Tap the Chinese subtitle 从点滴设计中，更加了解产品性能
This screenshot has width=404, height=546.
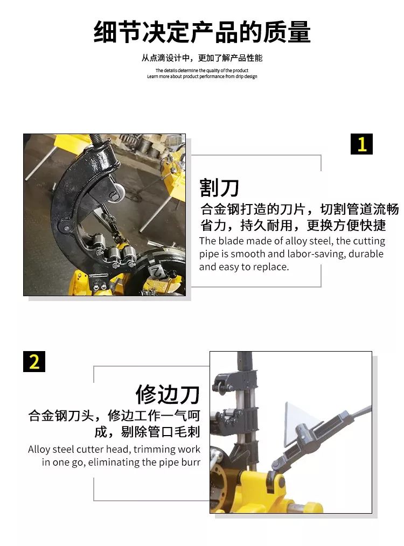202,58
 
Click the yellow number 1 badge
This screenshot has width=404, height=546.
361,144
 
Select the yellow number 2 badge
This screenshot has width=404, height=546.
34,361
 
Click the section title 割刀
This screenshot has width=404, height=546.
219,188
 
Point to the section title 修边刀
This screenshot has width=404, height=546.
168,394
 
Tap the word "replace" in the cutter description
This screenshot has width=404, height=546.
269,267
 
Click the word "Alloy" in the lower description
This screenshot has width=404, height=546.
40,450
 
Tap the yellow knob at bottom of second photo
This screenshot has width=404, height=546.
311,506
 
